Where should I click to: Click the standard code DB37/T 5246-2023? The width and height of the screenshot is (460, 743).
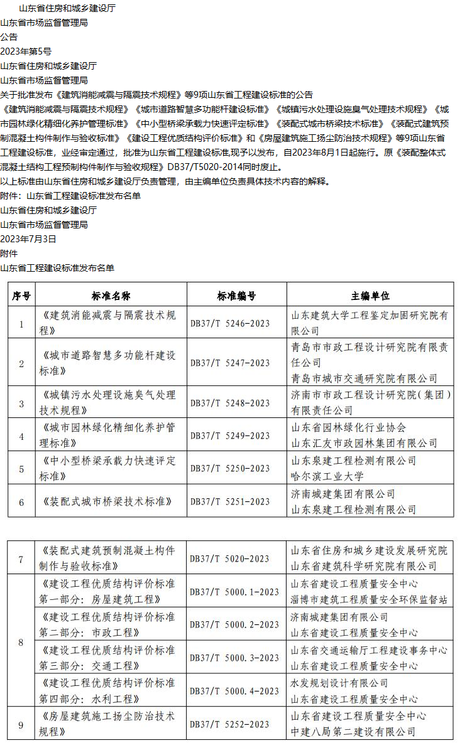230,324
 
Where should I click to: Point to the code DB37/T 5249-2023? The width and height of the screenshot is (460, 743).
230,436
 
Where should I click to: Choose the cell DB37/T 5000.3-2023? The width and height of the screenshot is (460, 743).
234,658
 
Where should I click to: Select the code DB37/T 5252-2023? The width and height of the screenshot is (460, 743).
230,724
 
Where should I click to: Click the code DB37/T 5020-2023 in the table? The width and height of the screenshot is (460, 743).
230,559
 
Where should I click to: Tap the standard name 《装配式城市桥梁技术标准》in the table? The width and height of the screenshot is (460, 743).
107,501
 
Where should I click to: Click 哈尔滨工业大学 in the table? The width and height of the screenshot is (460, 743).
327,476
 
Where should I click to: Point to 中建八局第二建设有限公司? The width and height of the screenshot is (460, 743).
353,732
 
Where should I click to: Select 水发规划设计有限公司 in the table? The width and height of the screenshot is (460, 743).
339,683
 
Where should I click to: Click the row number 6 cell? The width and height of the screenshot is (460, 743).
21,502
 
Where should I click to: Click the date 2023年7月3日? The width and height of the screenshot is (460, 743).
28,239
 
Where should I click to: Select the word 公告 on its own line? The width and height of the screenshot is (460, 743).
9,37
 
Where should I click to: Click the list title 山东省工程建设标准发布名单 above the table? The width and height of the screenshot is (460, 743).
57,268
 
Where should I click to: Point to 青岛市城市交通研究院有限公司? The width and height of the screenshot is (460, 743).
364,378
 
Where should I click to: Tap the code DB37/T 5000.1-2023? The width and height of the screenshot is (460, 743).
234,591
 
